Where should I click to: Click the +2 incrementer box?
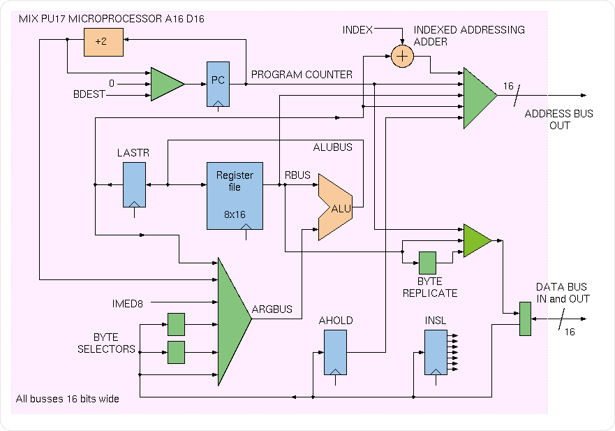pos(101,42)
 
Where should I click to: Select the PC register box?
pos(218,83)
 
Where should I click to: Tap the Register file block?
pos(235,196)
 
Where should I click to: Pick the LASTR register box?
pos(134,184)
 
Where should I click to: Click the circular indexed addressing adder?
pos(402,56)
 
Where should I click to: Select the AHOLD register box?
pos(335,352)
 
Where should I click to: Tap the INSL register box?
pos(436,352)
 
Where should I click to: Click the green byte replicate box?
pos(427,263)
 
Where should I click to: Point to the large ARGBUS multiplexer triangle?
pos(232,319)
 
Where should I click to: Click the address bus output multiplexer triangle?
pos(478,98)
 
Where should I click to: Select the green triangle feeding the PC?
pos(166,84)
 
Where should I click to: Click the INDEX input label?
pos(357,30)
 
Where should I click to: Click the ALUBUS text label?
pos(333,147)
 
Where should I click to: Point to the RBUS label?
pos(297,175)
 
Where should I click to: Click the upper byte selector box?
pos(176,324)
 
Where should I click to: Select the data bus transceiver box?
pos(525,319)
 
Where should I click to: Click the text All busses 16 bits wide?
pos(67,399)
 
